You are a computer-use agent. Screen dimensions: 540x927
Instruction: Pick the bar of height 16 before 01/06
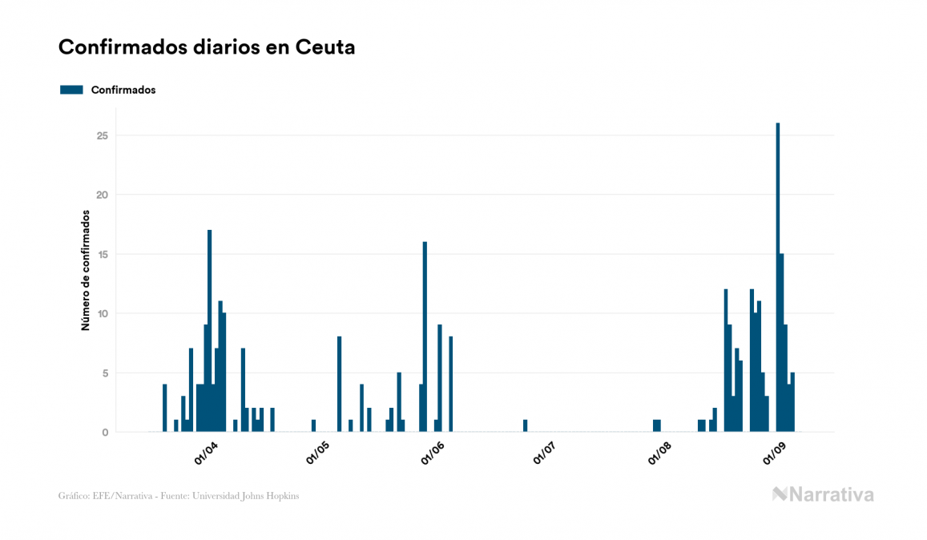[425, 336]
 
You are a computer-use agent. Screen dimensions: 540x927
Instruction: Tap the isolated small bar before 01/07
[525, 425]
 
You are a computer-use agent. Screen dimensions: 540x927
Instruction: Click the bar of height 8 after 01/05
[339, 385]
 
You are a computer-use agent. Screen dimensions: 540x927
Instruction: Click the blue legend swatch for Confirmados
[71, 90]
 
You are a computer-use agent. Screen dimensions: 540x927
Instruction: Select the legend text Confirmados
[123, 90]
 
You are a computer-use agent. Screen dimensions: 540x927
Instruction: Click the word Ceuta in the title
[325, 47]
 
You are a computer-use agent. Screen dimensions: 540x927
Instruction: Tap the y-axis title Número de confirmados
[85, 270]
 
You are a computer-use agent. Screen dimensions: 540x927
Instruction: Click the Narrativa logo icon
[780, 494]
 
